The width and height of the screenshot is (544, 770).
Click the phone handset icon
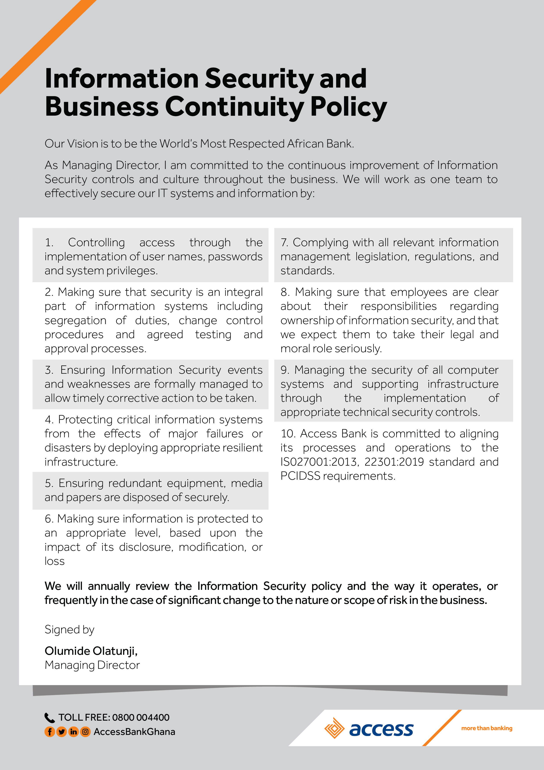point(50,718)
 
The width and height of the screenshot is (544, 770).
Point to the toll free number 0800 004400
point(141,717)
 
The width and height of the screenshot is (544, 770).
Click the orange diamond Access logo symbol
point(334,728)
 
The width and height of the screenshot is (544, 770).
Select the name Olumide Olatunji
point(91,651)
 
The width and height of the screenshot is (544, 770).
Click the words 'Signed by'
point(69,630)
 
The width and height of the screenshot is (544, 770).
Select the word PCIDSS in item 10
point(300,476)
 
